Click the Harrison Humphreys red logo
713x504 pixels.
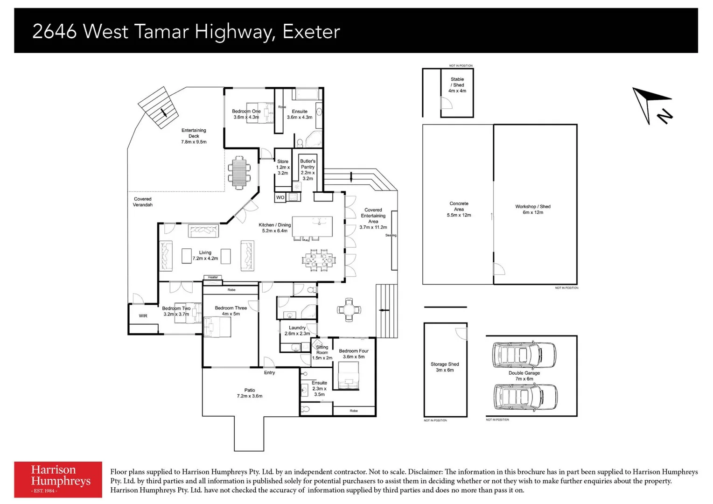pos(58,479)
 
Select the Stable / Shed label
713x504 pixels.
pos(457,85)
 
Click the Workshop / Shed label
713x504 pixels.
pos(533,210)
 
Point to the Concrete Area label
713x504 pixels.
pos(459,209)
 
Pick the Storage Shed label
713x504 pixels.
pos(445,367)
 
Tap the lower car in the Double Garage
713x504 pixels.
pos(525,397)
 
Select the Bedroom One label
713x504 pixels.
pos(246,114)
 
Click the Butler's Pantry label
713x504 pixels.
pos(308,170)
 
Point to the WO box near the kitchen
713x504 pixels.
pos(280,197)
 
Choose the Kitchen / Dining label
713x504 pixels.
pos(275,228)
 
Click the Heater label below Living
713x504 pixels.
pos(213,277)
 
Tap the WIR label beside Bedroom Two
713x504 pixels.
pos(143,316)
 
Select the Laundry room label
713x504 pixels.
pos(297,330)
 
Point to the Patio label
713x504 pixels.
pos(250,393)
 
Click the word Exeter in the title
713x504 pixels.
pos(311,32)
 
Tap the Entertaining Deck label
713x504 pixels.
pos(194,136)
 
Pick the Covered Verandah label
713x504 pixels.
pos(143,202)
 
